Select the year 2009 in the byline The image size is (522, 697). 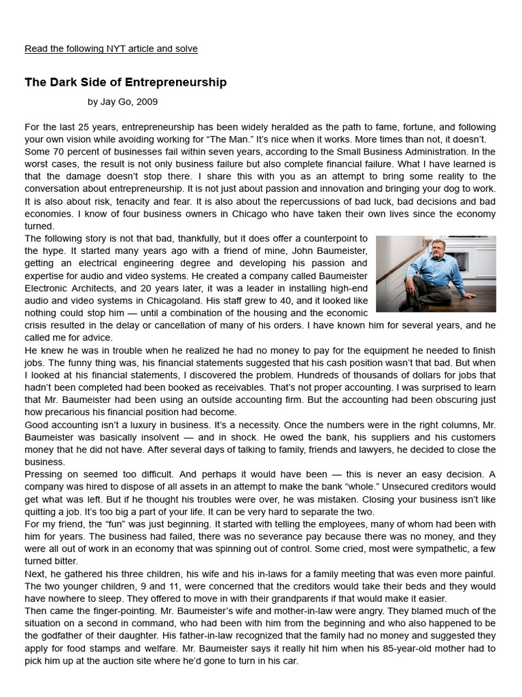(147, 102)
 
